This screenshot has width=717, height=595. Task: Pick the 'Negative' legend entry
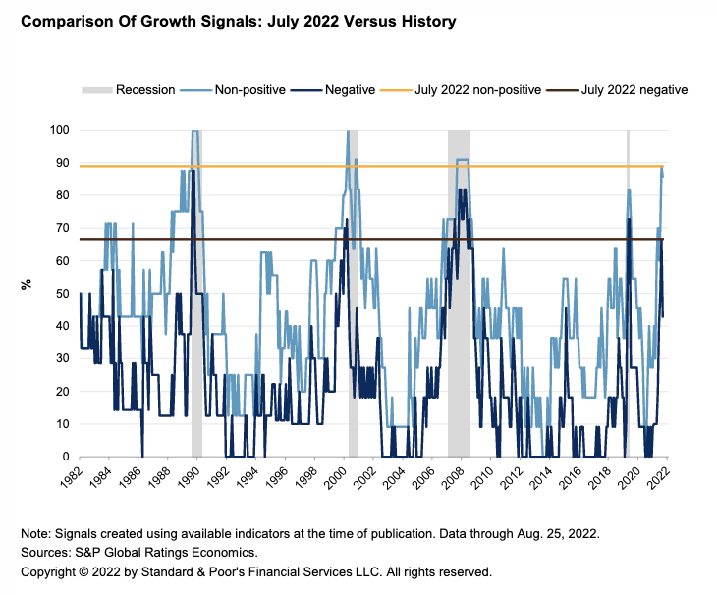348,90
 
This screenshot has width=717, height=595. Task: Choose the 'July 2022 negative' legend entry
634,90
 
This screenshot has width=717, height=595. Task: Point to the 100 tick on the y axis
58,130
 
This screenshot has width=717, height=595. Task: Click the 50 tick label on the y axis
61,294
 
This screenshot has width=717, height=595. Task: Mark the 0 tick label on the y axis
65,457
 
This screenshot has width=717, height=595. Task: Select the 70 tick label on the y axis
61,228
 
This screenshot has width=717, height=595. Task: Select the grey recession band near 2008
459,295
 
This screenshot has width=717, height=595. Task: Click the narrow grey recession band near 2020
629,295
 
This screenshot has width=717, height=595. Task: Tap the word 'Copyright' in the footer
51,570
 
